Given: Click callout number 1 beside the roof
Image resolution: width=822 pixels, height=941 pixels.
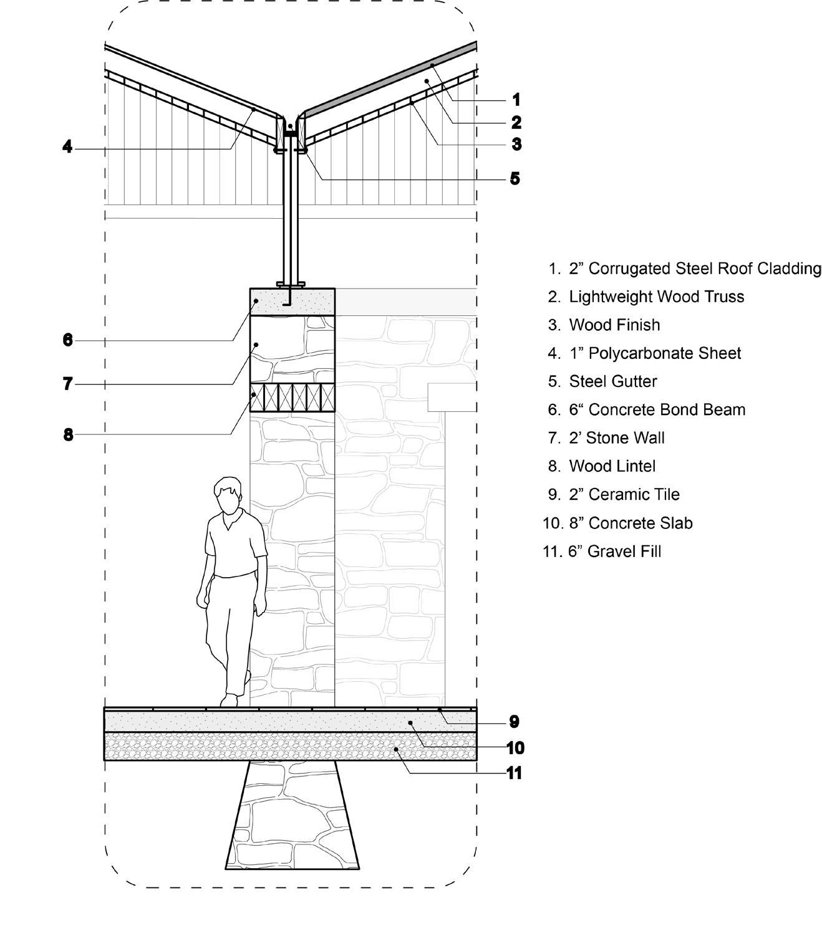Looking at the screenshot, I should click(516, 100).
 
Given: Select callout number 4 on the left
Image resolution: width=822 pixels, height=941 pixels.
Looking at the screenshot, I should click(67, 148).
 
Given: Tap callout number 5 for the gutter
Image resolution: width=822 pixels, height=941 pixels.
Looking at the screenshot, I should click(515, 179).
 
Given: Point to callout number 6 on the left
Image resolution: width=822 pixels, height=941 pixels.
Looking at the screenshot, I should click(67, 340).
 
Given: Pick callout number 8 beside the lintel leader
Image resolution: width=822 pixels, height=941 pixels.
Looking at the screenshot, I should click(68, 434).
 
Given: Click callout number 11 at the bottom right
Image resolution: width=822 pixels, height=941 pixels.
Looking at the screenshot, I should click(514, 773).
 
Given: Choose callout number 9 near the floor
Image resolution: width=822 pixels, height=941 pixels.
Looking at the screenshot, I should click(514, 722).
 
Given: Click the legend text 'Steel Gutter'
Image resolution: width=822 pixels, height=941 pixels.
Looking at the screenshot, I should click(612, 381).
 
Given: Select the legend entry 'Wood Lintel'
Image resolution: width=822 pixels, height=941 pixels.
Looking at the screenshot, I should click(603, 466).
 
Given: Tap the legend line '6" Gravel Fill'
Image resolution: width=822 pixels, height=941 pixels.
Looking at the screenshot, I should click(614, 552).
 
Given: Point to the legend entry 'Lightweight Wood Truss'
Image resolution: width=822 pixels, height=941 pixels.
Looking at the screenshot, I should click(656, 297).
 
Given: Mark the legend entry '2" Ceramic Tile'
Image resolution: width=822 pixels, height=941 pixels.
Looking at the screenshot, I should click(624, 494).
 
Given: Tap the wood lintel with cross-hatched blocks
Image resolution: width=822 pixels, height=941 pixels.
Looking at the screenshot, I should click(292, 398).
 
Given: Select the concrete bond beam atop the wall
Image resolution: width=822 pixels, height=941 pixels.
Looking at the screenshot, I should click(292, 302).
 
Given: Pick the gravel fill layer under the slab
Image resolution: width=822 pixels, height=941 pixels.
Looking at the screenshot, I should click(290, 746).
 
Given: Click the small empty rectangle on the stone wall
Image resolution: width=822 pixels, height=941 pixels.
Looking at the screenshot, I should click(452, 398).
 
